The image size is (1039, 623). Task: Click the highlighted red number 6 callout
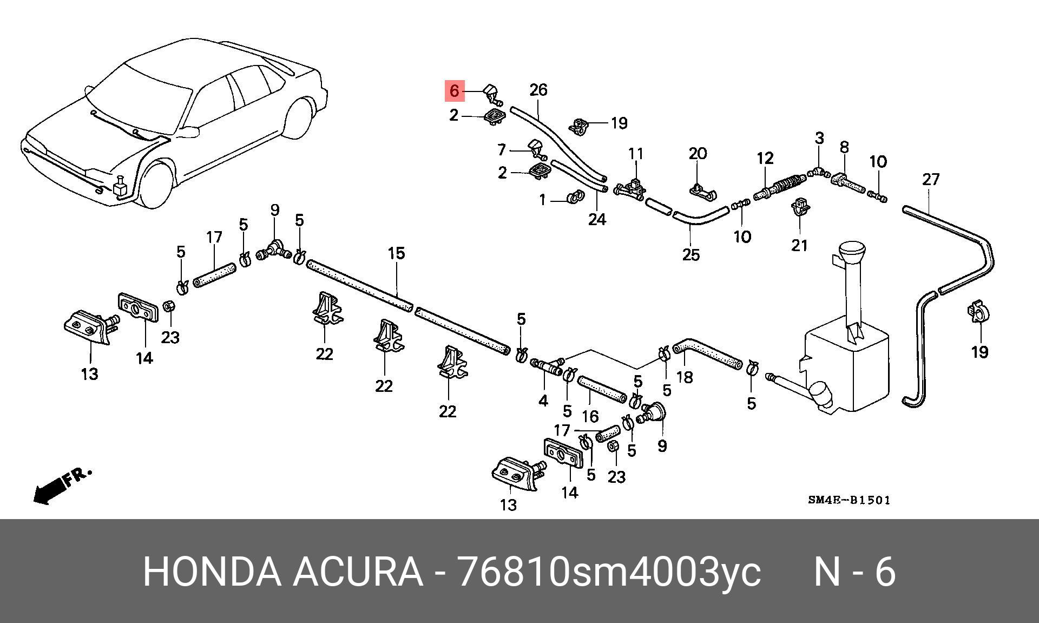click(x=454, y=91)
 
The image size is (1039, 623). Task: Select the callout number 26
click(x=538, y=90)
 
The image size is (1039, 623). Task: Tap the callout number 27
click(x=931, y=179)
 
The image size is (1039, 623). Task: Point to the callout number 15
click(x=396, y=253)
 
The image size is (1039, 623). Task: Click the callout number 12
click(x=765, y=158)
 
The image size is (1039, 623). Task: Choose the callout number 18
click(x=685, y=377)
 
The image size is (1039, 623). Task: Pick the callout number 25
click(x=691, y=254)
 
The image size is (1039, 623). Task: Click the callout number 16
click(x=590, y=416)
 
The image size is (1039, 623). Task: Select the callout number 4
click(x=543, y=400)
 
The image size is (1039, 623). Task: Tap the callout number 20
click(x=698, y=154)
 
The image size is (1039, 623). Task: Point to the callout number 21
click(x=800, y=245)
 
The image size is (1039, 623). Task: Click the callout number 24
click(x=597, y=219)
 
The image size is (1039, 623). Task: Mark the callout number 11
click(x=636, y=154)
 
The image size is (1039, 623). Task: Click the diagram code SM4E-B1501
click(x=849, y=500)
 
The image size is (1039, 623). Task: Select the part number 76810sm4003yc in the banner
click(x=609, y=572)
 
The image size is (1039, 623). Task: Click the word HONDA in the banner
click(x=212, y=572)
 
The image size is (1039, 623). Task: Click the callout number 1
click(x=543, y=200)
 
